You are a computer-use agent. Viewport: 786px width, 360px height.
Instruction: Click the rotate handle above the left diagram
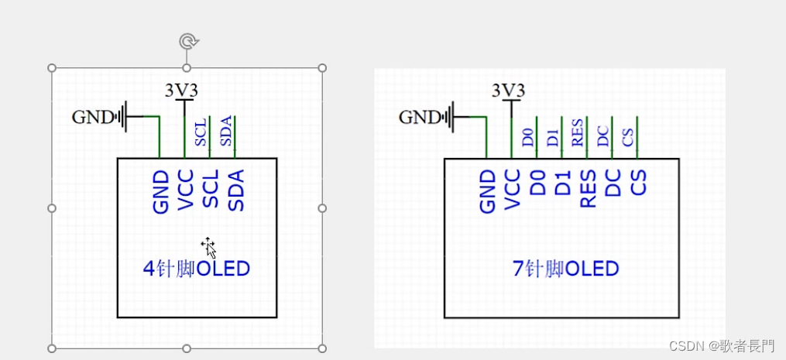pos(187,41)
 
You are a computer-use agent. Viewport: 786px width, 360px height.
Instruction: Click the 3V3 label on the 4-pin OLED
pos(182,91)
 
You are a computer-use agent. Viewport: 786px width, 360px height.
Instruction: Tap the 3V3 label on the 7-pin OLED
pos(509,91)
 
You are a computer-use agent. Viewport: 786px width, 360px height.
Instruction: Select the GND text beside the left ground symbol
pos(93,117)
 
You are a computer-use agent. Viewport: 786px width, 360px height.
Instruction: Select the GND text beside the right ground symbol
pos(420,117)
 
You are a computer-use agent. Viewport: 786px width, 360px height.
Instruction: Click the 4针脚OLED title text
pos(197,269)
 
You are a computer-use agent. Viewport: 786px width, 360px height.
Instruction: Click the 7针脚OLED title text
pos(566,269)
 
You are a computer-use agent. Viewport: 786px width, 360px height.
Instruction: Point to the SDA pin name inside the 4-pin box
pos(236,190)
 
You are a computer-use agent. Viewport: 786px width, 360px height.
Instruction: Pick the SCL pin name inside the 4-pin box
pos(211,190)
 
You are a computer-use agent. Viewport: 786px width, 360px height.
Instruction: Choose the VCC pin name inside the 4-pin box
pos(186,190)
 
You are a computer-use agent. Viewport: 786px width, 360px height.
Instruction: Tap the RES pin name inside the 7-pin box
pos(589,190)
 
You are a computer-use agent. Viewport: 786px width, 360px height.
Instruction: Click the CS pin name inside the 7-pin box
pos(639,183)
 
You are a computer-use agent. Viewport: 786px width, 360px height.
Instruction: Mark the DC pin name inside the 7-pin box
pos(613,183)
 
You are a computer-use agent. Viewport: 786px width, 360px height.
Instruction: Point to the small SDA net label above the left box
pos(226,131)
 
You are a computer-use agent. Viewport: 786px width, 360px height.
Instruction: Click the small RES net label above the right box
pos(578,132)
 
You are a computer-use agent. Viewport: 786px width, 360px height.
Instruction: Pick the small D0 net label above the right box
pos(528,138)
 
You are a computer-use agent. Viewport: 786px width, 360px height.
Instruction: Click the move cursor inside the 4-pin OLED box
pos(208,247)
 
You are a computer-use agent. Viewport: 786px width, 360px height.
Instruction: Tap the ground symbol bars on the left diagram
pos(119,117)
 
